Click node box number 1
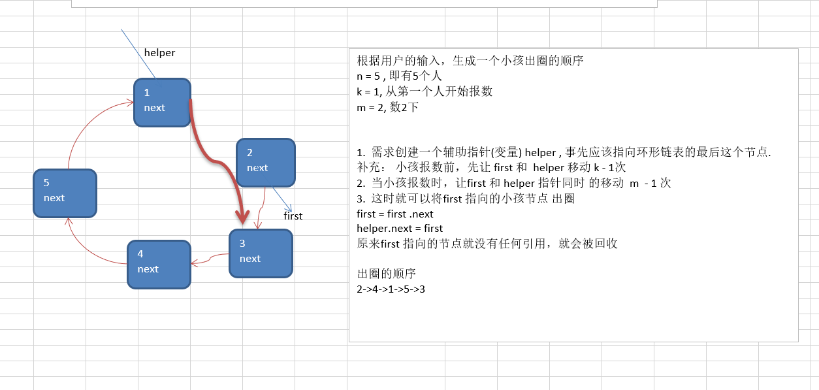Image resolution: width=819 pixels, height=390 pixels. coord(162,102)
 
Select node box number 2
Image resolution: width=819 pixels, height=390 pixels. coord(265,162)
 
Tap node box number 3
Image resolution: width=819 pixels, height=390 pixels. coord(261,253)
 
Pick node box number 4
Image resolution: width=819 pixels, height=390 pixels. coord(159,264)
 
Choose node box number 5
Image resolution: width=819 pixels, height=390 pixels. coord(65,193)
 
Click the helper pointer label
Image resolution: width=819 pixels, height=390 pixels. coord(159,53)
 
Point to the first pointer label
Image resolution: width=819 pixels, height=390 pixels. coord(293,216)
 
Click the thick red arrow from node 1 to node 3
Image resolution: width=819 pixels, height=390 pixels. coord(220,157)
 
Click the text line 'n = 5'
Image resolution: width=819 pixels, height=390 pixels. coord(400,76)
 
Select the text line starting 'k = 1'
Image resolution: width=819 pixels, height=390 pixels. coord(425,91)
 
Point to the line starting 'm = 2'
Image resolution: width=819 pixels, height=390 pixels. coord(387,107)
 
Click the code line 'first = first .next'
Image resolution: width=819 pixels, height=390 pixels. coord(395,214)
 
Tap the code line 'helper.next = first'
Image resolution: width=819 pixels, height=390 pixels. coord(400,228)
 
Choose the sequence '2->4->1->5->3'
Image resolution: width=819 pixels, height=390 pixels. coord(391,288)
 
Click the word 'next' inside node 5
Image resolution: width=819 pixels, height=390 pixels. coord(54,198)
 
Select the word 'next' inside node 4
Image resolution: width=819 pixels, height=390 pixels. coord(148,269)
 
